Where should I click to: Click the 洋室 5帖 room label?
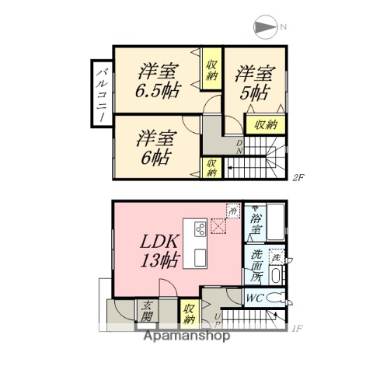coord(255,83)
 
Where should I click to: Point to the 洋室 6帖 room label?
coord(156,147)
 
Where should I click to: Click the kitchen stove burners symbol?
coord(199,229)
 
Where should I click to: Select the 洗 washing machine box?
coord(276,256)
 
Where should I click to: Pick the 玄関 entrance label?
coord(147,313)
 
